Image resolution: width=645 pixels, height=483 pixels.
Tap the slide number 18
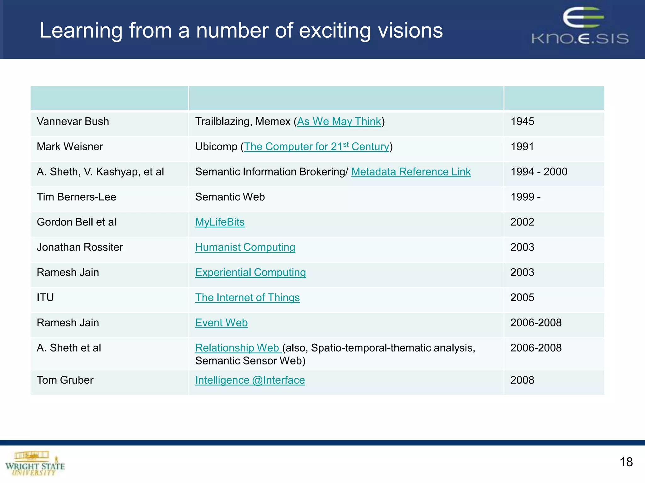(x=626, y=462)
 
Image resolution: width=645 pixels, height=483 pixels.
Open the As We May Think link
(x=339, y=121)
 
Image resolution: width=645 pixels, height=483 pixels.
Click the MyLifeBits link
(x=220, y=222)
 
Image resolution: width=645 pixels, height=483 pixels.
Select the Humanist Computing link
(x=245, y=247)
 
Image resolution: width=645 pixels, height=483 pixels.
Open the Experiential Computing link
(x=250, y=272)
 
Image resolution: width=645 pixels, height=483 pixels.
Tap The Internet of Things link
(x=247, y=297)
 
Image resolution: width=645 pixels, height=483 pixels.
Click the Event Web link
(x=221, y=323)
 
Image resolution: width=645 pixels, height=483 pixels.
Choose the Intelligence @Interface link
(x=250, y=380)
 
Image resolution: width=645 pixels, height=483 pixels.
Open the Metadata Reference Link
(x=411, y=172)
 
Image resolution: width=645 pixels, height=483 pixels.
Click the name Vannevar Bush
(x=73, y=121)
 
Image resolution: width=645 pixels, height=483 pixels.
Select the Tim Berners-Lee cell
(x=77, y=197)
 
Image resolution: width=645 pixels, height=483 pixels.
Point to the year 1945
(x=522, y=121)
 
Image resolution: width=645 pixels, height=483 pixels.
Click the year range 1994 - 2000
(x=539, y=172)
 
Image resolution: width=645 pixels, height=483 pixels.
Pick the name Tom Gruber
(x=65, y=380)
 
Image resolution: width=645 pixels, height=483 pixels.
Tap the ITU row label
(x=45, y=297)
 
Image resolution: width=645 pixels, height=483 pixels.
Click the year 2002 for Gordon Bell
(x=522, y=222)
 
